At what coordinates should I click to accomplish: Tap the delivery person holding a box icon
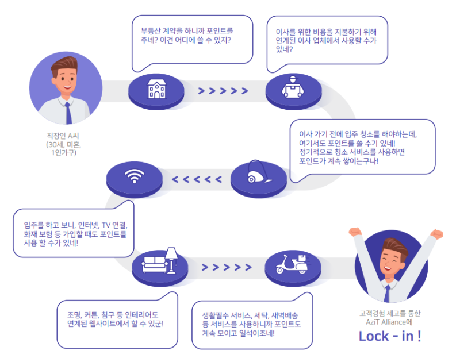(293, 87)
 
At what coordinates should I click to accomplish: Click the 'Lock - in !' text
(390, 336)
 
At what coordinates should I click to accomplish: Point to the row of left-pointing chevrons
(197, 179)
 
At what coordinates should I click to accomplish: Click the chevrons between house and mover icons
(223, 91)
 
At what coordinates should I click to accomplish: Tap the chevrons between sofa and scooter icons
(227, 267)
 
